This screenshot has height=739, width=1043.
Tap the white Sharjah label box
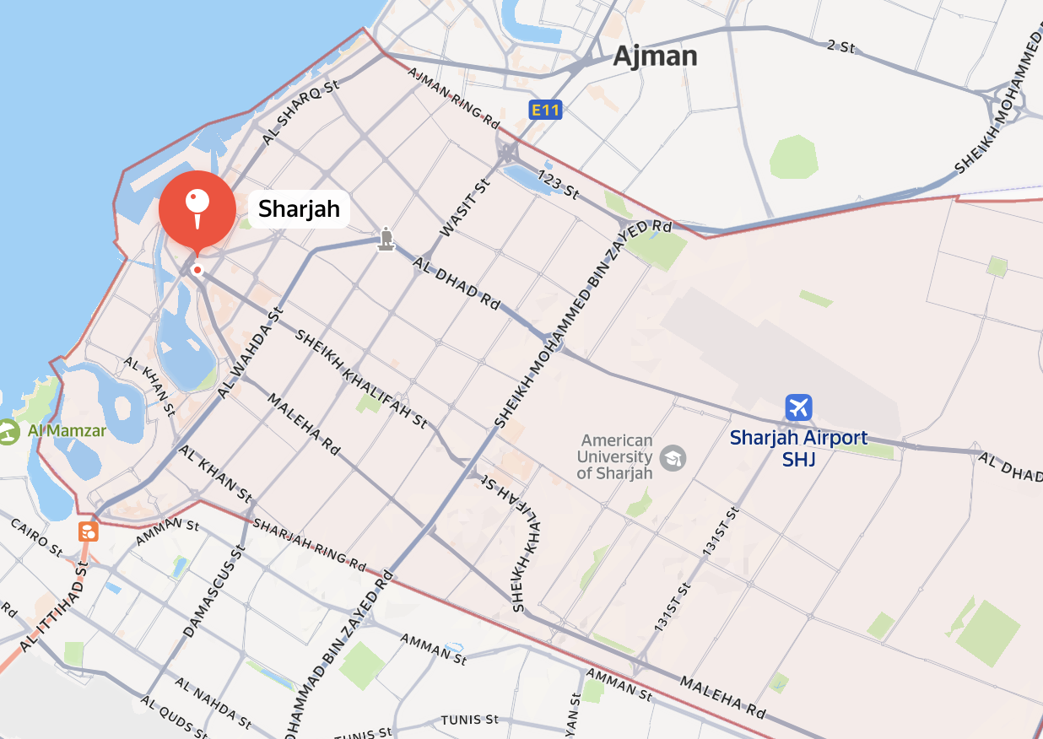[x=299, y=209]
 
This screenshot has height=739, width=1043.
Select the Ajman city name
[x=655, y=57]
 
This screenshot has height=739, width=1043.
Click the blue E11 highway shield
[x=545, y=110]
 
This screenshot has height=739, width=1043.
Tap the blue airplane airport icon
[x=797, y=407]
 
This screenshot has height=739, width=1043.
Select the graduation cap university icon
[x=673, y=458]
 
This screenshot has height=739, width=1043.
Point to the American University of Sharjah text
[x=617, y=456]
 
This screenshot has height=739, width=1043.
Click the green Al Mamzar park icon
[x=8, y=432]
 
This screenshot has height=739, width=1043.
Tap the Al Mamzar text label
[x=67, y=432]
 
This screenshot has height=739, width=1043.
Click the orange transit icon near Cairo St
[x=88, y=531]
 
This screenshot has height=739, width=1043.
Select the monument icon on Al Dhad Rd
[x=386, y=239]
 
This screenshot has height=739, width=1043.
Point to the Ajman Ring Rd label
[x=453, y=96]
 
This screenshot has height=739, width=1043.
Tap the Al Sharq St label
[x=300, y=114]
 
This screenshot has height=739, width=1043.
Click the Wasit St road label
[x=464, y=208]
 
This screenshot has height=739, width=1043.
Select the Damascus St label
[x=213, y=591]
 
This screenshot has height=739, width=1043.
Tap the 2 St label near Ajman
[x=840, y=46]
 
